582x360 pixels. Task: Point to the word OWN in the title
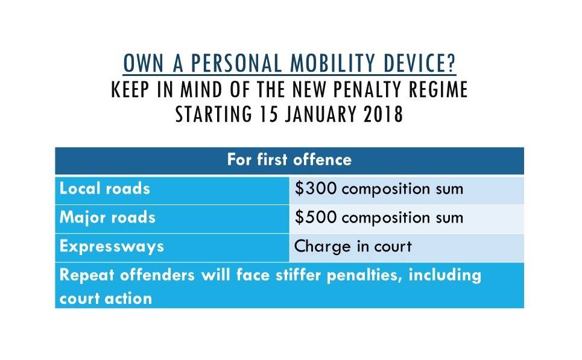[138, 63]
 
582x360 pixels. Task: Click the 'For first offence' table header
[289, 160]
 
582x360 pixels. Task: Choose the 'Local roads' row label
[104, 189]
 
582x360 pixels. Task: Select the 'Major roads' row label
[107, 217]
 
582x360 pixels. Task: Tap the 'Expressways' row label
[112, 247]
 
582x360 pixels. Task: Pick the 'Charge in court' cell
[353, 247]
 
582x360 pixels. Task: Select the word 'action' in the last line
[128, 298]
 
